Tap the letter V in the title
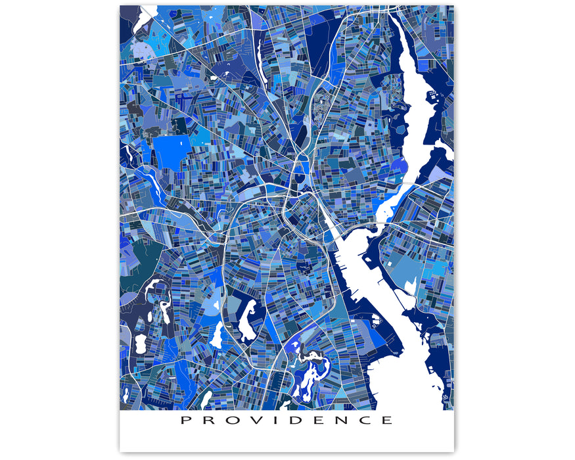point(254,420)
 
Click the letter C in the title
point(365,420)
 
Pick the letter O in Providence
point(231,420)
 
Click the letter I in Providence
point(276,420)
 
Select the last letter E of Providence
point(386,420)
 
